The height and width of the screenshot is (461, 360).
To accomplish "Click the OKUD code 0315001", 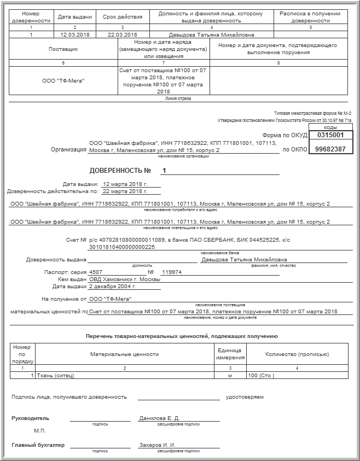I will point(330,135).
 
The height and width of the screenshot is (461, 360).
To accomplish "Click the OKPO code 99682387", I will point(330,149).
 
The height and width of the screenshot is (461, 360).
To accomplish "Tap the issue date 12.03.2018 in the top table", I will point(75,34).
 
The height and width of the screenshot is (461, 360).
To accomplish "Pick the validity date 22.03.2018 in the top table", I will point(122,34).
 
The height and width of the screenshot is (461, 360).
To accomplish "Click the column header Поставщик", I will point(63,49).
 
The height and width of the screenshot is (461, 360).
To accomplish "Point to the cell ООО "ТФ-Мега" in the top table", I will point(63,81).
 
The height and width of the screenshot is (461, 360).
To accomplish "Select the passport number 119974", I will point(172,272).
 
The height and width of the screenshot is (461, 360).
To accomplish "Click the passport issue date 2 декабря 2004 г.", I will point(112,286).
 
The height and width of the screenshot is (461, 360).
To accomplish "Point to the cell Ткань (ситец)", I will point(56,376).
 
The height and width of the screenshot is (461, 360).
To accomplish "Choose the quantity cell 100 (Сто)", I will point(261,376).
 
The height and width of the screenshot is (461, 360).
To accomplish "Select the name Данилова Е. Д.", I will point(159,418).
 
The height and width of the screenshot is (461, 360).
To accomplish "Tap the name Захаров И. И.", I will point(157,445).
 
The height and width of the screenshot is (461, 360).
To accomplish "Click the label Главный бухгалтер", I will point(38,445).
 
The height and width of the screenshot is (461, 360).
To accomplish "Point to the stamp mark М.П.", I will point(40,431).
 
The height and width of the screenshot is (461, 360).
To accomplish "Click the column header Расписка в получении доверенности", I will point(310,16).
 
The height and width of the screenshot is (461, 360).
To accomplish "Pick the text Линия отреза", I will point(178,99).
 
